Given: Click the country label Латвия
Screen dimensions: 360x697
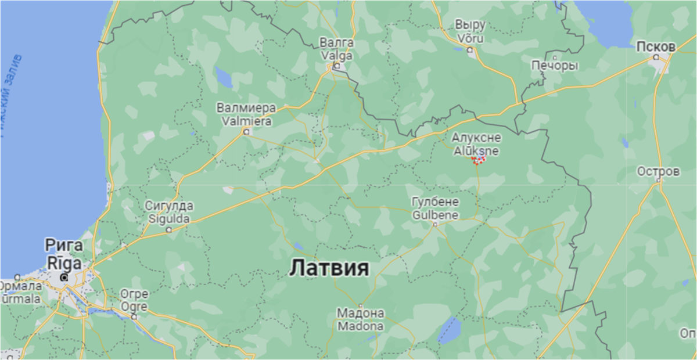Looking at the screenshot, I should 329,268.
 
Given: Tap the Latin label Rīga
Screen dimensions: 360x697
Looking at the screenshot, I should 64,262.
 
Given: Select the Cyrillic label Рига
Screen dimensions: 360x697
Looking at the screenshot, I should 64,246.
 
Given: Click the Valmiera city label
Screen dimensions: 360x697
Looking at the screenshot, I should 244,121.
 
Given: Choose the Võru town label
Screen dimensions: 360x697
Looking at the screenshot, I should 470,37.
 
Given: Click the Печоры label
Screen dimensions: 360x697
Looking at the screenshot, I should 555,66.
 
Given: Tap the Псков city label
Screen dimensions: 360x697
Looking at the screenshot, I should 656,46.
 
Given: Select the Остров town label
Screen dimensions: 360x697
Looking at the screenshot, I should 658,172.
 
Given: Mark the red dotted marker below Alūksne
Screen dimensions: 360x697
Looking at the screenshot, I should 479,159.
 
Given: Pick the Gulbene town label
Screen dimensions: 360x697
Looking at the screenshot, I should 435,215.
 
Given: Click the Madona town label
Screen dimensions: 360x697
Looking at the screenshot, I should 360,326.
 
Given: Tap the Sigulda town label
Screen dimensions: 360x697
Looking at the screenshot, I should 169,219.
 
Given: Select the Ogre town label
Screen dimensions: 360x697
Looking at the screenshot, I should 134,307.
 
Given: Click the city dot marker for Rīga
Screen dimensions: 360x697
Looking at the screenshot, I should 64,278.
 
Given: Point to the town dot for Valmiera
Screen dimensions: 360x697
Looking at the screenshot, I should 246,132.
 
